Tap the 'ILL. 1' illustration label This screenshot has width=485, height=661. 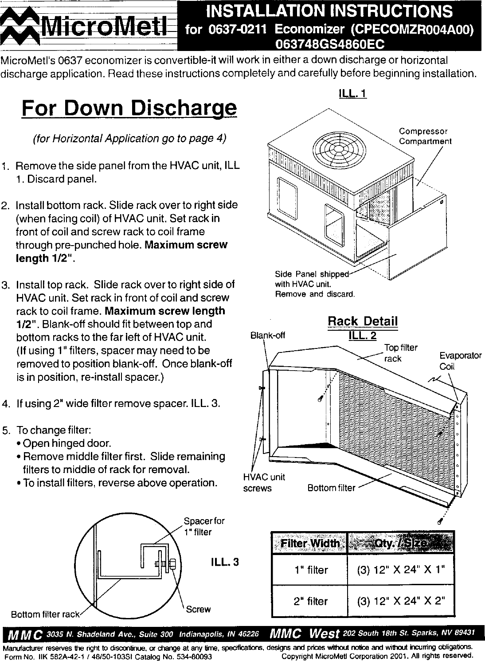click(352, 94)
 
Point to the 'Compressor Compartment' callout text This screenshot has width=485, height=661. click(425, 137)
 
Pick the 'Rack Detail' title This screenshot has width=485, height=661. click(362, 321)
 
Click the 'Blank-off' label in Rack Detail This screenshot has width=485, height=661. click(267, 335)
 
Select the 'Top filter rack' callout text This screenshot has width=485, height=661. click(400, 353)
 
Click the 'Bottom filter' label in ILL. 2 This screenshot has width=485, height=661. click(331, 488)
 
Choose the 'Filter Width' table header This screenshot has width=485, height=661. click(309, 543)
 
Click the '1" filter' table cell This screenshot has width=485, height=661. click(311, 570)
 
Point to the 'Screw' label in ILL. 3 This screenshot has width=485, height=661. click(198, 609)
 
